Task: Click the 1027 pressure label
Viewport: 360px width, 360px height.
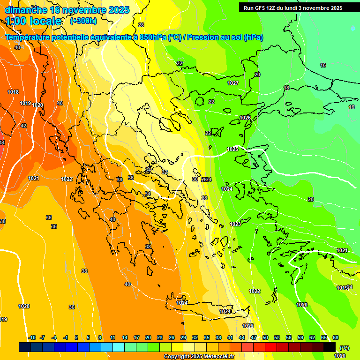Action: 233,83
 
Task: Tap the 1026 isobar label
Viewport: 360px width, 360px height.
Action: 245,118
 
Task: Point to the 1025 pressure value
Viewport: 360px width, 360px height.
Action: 233,149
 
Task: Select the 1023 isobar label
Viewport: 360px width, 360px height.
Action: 235,224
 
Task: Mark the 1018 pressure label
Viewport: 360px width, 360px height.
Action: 13,92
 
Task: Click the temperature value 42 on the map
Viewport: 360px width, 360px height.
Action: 23,126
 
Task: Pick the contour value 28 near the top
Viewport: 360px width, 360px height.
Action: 141,25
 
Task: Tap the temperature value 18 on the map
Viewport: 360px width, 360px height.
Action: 286,88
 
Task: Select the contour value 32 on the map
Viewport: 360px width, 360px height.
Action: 165,172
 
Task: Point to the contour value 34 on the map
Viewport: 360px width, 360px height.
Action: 148,194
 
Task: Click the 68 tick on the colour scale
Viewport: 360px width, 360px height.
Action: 336,337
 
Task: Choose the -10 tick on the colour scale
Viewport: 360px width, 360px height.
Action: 32,337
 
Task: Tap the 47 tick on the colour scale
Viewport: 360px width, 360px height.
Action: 254,337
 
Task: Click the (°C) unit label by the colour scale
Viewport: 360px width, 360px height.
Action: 344,348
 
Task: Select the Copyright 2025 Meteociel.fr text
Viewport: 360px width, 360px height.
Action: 199,356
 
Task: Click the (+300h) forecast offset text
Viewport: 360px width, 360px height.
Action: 83,21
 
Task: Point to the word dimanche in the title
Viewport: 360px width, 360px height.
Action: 26,10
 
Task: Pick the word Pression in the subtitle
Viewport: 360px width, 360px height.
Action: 203,37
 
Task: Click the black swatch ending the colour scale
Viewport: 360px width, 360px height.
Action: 330,347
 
